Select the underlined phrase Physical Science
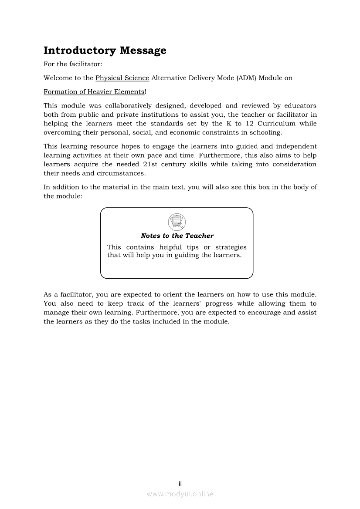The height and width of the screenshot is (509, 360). (122, 78)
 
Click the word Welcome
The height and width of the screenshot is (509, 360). (58, 78)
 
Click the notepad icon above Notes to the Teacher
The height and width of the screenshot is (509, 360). (177, 222)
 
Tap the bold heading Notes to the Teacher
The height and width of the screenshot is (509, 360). (177, 236)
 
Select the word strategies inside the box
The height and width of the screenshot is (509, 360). (231, 247)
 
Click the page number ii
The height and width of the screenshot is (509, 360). (180, 483)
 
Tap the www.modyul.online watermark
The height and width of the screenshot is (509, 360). (180, 494)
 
